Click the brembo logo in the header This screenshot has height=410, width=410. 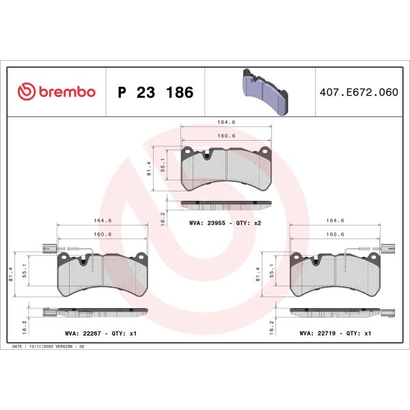coord(56,92)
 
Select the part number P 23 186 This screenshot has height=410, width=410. coord(155,92)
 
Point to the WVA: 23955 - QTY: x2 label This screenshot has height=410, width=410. coord(225,223)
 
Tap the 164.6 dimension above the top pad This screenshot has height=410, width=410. coord(226,122)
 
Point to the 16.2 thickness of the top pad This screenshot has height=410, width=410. coord(163,217)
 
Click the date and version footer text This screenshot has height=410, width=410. coord(48,347)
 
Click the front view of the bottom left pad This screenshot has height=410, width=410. coord(102,273)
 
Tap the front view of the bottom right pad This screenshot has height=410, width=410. coord(336,273)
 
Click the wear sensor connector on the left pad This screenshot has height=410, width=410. coord(49,248)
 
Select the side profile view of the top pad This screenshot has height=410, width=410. coord(226,204)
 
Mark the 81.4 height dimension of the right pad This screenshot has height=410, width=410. coord(261,274)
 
